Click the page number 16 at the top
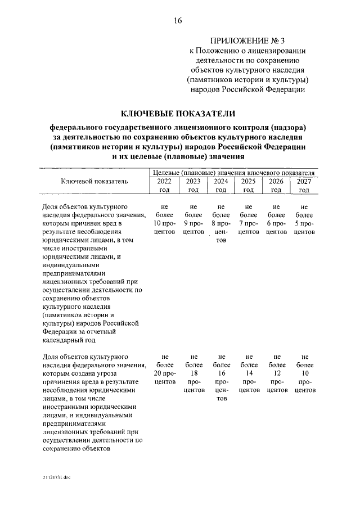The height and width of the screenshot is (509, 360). (x=178, y=21)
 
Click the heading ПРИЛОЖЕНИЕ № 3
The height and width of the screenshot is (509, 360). (x=247, y=40)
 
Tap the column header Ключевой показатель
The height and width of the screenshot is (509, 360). (x=94, y=181)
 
